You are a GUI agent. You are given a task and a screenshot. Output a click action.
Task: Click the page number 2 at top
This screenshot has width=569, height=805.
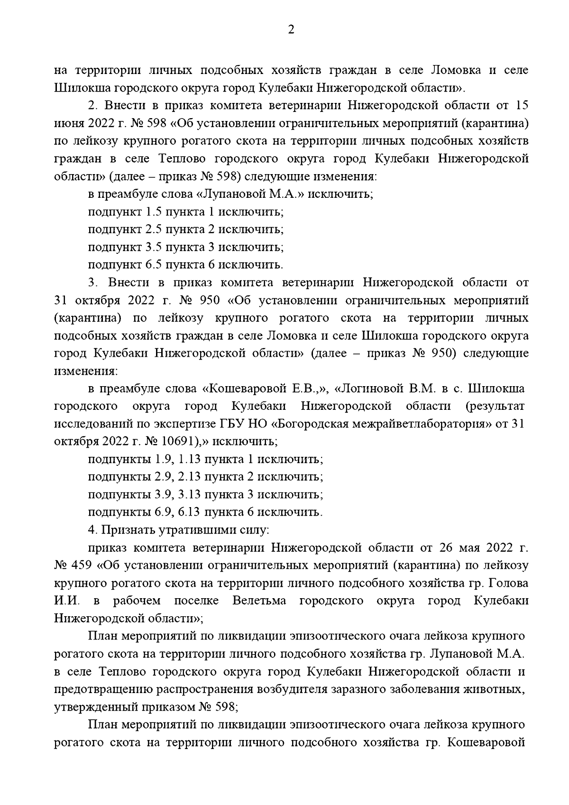click(291, 30)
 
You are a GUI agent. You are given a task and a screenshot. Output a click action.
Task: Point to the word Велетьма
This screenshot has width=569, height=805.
click(259, 601)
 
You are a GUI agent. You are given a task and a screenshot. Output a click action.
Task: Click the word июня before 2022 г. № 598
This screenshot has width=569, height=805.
click(69, 124)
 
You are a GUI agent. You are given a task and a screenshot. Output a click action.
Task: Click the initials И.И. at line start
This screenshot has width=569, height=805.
click(67, 601)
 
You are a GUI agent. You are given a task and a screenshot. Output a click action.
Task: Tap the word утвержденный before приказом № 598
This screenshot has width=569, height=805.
click(98, 707)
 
